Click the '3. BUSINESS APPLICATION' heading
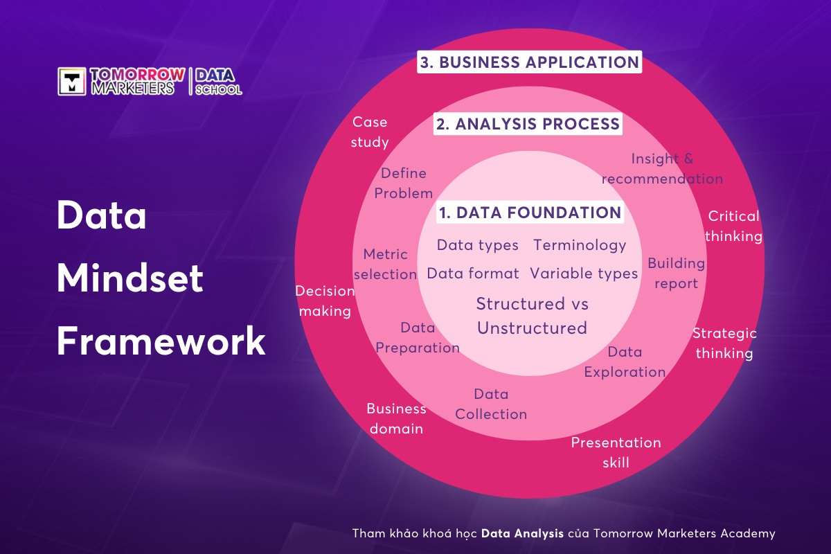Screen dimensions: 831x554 tap(529, 62)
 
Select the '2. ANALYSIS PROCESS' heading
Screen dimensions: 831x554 tap(528, 123)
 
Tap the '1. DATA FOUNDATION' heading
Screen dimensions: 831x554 tap(530, 213)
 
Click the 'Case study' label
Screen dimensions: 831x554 tap(370, 132)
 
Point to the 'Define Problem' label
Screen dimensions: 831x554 tap(403, 184)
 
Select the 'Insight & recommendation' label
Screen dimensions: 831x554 tap(662, 169)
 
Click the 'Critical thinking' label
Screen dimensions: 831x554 tap(733, 226)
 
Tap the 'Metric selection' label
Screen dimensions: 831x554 tap(386, 265)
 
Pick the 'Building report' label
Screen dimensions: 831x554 tap(676, 273)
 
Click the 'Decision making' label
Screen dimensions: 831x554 tap(325, 301)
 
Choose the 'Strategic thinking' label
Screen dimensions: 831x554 tap(724, 343)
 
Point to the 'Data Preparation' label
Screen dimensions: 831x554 tap(418, 338)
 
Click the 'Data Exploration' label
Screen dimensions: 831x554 tap(625, 361)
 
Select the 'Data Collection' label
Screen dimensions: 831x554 tap(491, 404)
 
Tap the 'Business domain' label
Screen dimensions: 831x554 tap(396, 418)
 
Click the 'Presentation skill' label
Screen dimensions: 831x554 tap(616, 453)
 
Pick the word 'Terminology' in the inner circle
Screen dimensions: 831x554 tap(580, 245)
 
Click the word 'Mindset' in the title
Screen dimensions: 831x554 tap(130, 278)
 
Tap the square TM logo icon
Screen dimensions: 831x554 tap(72, 81)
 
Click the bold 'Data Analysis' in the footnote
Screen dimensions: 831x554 tap(522, 533)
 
